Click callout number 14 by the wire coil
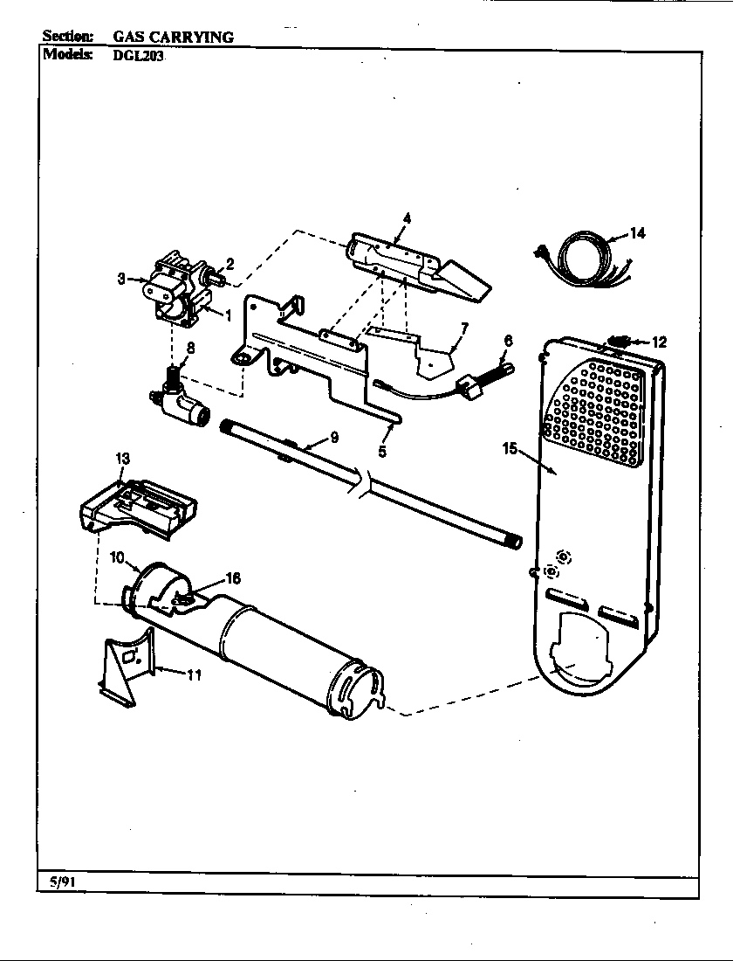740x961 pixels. click(x=637, y=233)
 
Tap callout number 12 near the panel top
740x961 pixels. click(x=659, y=342)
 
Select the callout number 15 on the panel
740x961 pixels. click(x=511, y=449)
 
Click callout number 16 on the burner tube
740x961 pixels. click(x=233, y=577)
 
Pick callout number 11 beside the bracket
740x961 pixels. click(x=195, y=674)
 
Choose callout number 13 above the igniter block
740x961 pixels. click(x=122, y=458)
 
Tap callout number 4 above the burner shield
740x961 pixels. click(x=407, y=217)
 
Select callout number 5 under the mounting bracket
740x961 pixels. click(x=382, y=452)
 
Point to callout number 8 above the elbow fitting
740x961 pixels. click(x=189, y=346)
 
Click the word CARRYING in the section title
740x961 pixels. click(x=194, y=37)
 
